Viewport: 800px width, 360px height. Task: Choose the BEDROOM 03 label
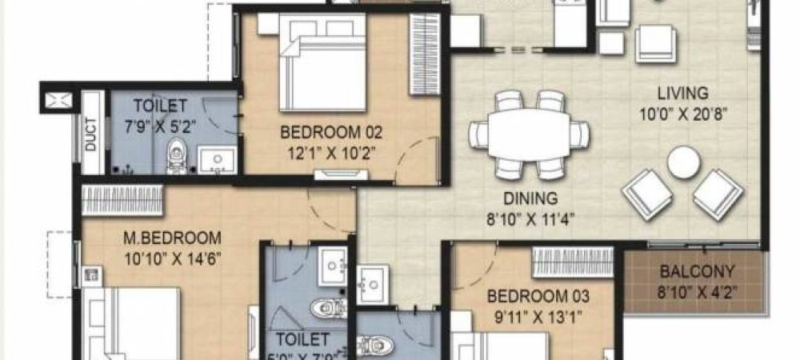coord(538,296)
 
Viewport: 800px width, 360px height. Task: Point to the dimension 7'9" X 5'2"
coord(160,124)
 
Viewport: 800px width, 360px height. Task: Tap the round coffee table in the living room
coord(684,162)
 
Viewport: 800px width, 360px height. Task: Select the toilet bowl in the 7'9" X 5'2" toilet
coord(177,157)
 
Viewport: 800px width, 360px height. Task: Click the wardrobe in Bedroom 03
coord(573,262)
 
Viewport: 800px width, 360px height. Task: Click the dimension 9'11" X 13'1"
coord(538,315)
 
